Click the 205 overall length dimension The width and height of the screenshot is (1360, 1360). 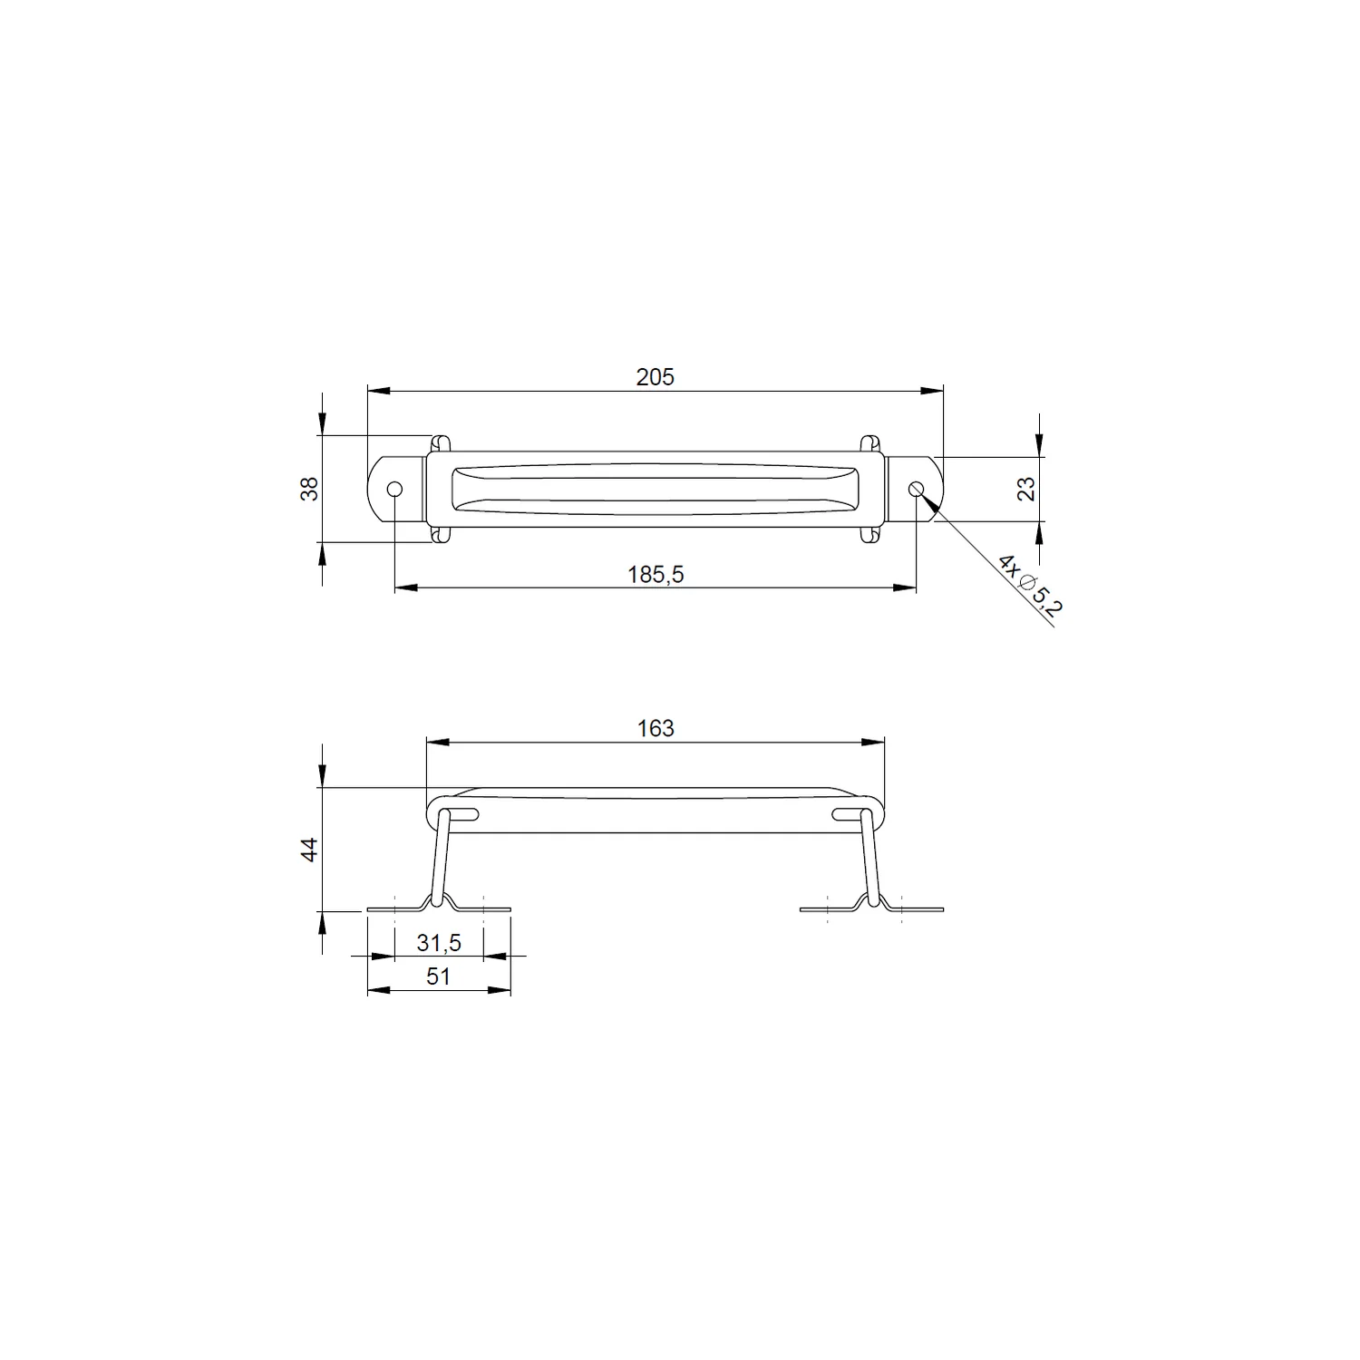655,377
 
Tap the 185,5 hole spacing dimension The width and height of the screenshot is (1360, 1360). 656,574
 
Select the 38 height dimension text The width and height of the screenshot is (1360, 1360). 310,489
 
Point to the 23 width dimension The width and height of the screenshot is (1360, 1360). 1025,489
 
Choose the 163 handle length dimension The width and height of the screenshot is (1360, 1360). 656,728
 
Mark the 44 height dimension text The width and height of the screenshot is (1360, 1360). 310,850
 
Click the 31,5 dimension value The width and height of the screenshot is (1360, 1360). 439,943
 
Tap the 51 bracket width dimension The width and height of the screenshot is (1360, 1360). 438,976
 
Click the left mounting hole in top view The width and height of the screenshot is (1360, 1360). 394,490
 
